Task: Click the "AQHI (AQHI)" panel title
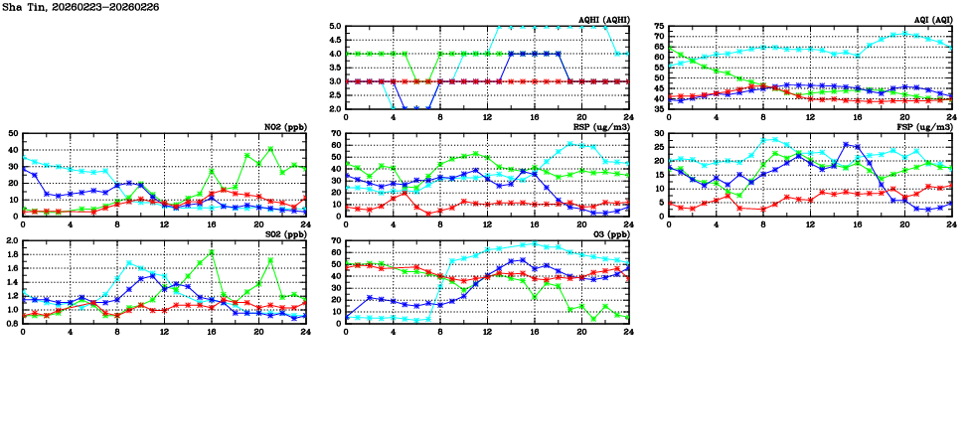pos(603,19)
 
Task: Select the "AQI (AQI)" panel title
pos(933,19)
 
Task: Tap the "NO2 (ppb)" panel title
pos(286,126)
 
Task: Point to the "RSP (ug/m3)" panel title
pos(603,126)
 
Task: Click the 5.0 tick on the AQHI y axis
pos(335,27)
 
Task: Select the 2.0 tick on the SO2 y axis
pos(11,241)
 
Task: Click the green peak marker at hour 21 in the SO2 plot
pos(270,260)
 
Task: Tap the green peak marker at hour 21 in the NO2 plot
pos(270,149)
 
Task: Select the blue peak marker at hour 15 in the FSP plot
pos(846,145)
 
